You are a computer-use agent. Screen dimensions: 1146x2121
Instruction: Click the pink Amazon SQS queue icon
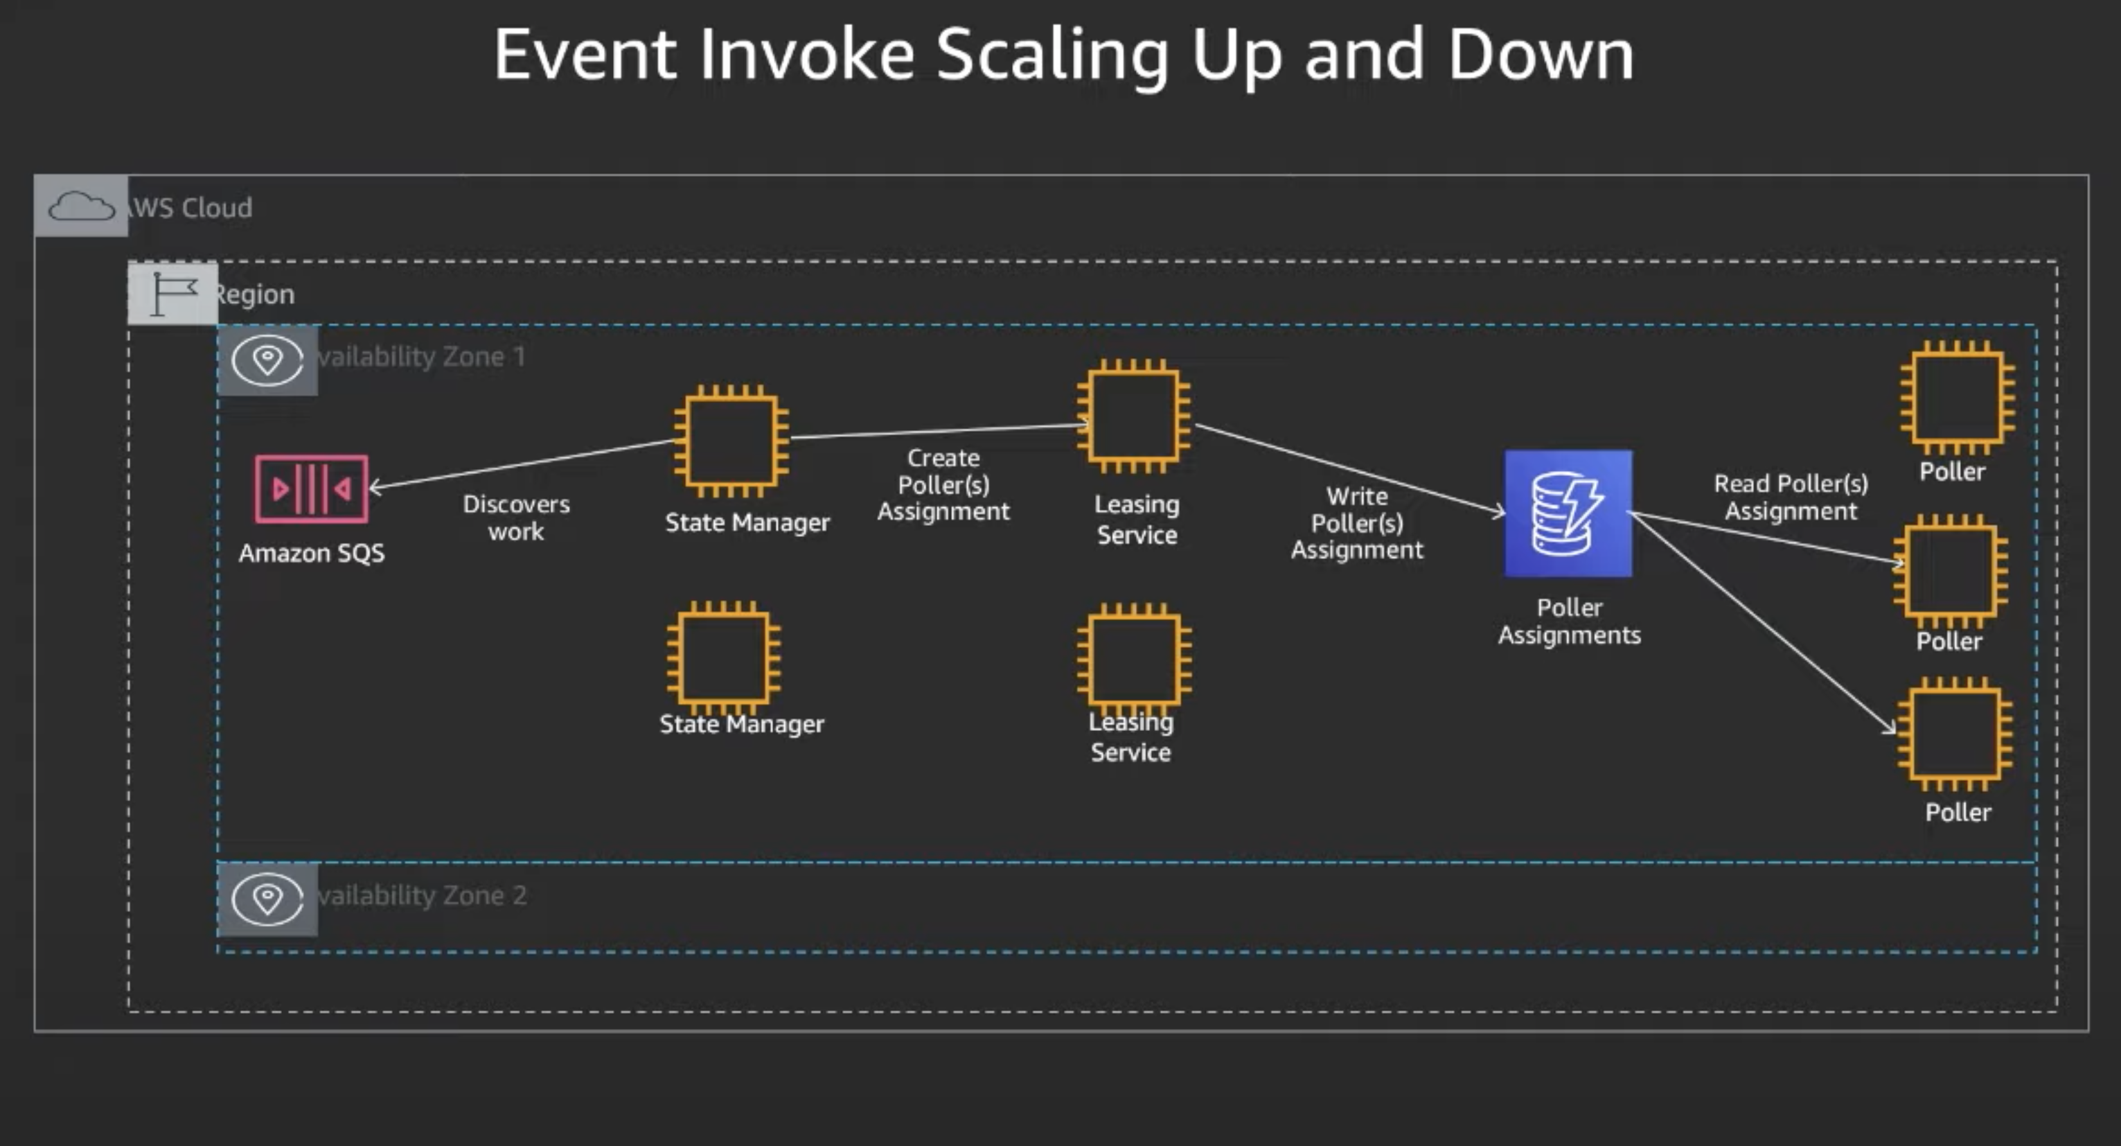pyautogui.click(x=311, y=488)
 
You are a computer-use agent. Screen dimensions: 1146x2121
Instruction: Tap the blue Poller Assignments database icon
pyautogui.click(x=1568, y=513)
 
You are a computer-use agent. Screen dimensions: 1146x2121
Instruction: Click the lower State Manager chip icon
pyautogui.click(x=724, y=658)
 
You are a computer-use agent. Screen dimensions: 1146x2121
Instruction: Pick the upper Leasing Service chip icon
pyautogui.click(x=1134, y=416)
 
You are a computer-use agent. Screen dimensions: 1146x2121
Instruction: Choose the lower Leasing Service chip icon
pyautogui.click(x=1134, y=660)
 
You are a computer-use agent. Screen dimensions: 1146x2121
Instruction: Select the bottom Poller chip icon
pyautogui.click(x=1955, y=733)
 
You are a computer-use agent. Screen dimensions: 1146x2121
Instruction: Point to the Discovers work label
pyautogui.click(x=516, y=518)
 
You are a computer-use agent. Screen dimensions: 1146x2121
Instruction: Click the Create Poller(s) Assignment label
pyautogui.click(x=943, y=484)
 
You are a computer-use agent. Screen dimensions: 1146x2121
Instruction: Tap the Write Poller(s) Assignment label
pyautogui.click(x=1357, y=523)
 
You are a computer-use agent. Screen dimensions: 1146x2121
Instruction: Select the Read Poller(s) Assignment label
pyautogui.click(x=1791, y=497)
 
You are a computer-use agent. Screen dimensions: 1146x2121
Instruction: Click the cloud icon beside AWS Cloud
pyautogui.click(x=80, y=206)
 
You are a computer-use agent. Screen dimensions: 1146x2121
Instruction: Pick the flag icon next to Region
pyautogui.click(x=173, y=293)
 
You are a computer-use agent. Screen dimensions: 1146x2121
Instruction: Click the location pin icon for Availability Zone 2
pyautogui.click(x=267, y=898)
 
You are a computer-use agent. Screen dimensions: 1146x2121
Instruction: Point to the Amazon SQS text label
pyautogui.click(x=311, y=553)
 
